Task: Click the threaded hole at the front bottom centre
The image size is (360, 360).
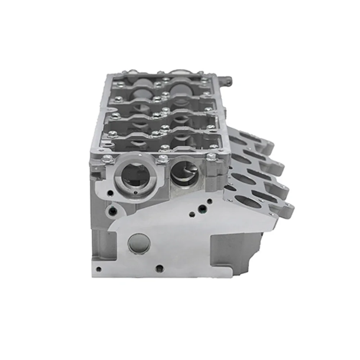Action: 158,268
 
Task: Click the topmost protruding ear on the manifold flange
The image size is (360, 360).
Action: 268,146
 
